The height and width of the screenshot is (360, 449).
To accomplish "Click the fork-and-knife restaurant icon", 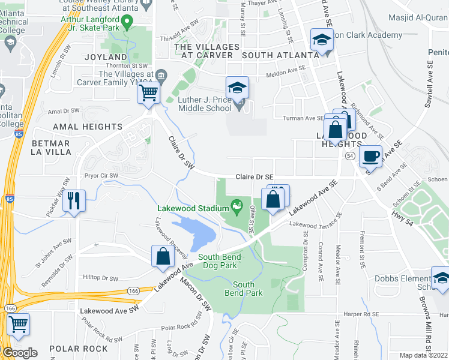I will [74, 200].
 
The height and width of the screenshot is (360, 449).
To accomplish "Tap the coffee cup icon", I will [371, 156].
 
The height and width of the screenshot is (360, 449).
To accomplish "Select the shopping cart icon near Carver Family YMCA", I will [148, 93].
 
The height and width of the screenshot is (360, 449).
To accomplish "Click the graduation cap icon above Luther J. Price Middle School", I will [237, 88].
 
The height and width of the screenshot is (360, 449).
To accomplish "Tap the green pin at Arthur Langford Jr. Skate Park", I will [127, 23].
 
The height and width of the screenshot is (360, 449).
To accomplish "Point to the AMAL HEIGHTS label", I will [88, 127].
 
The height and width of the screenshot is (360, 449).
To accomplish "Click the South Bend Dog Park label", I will [220, 261].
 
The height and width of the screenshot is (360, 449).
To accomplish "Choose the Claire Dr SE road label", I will [255, 177].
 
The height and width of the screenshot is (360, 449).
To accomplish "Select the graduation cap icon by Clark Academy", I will [322, 41].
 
